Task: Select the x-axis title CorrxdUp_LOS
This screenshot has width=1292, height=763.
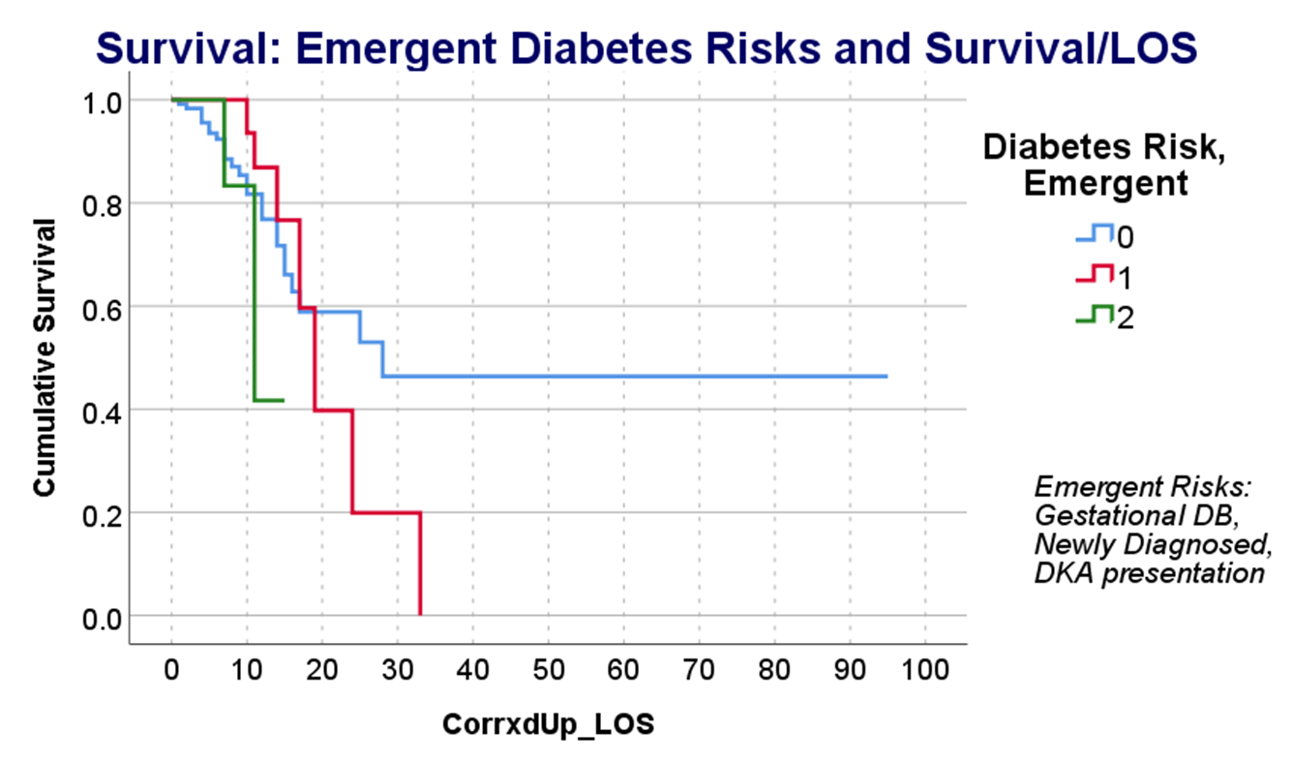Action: coord(548,724)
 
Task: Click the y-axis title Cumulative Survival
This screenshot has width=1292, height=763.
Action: coord(44,357)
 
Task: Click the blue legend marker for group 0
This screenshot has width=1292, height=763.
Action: coord(1095,233)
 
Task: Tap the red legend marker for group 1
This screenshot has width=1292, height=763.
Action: coord(1095,275)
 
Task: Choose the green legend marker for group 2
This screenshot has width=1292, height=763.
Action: coord(1095,316)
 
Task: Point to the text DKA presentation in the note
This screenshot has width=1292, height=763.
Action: coord(1150,573)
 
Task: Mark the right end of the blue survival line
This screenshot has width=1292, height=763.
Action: coord(886,376)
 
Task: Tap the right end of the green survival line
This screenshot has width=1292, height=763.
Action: coord(283,400)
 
